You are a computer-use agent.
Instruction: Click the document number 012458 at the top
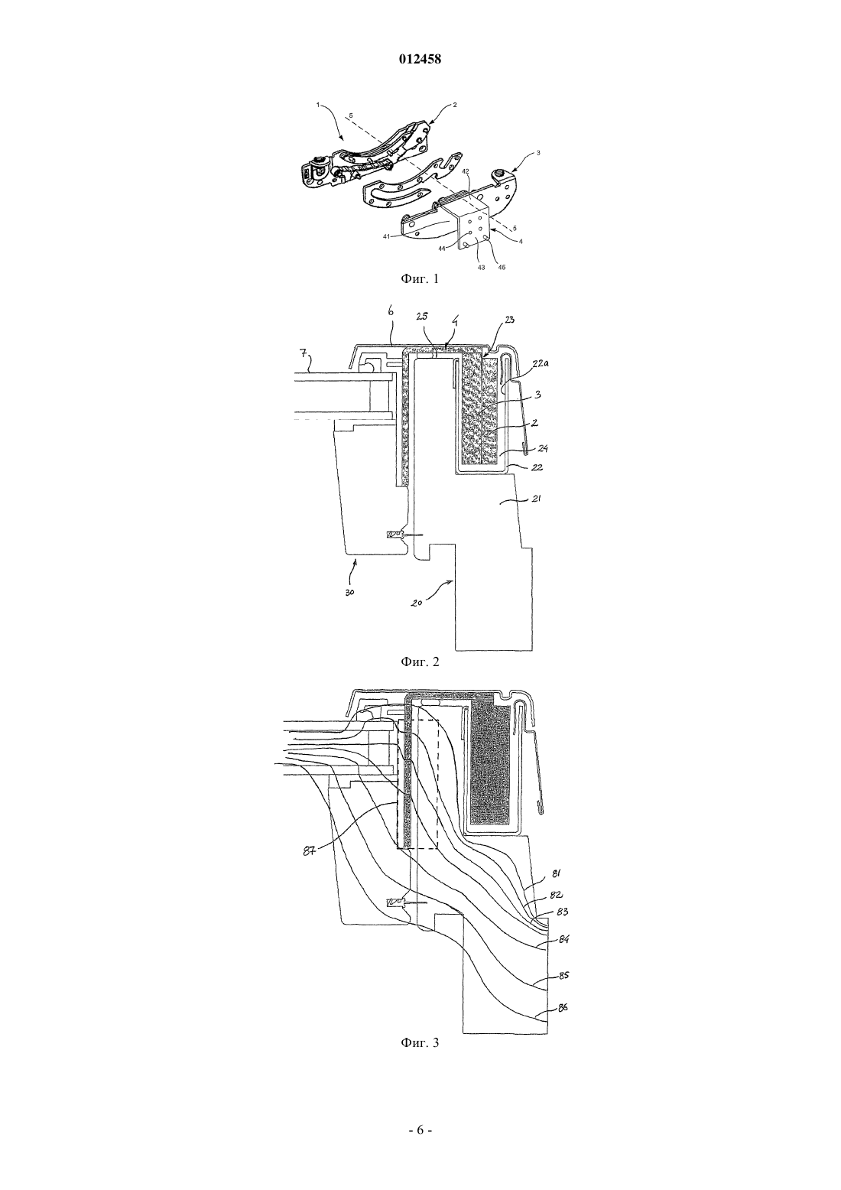click(420, 60)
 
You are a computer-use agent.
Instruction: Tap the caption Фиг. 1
click(420, 278)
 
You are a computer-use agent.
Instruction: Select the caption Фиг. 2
click(420, 662)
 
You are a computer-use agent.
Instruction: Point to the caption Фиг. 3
click(420, 1042)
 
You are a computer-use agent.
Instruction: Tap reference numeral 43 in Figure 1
click(481, 268)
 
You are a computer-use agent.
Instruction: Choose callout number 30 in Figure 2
click(350, 593)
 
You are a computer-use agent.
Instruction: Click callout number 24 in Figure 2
click(542, 449)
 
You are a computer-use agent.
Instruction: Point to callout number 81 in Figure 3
click(556, 873)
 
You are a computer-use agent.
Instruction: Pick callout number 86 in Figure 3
click(563, 1007)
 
